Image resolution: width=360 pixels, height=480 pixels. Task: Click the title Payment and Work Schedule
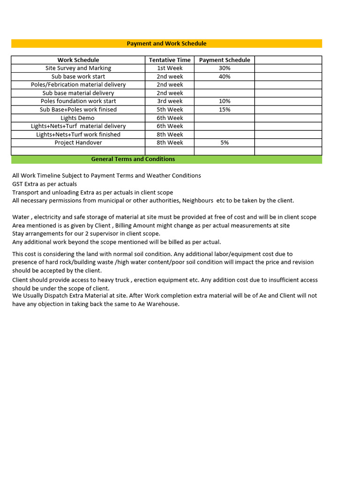(166, 44)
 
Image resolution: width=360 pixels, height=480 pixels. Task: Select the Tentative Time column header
(170, 60)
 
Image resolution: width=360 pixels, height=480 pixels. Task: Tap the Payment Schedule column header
(225, 60)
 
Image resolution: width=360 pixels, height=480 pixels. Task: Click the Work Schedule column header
(78, 60)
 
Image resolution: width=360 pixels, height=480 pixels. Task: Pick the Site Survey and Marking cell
(78, 68)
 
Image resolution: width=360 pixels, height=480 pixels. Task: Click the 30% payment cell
(225, 68)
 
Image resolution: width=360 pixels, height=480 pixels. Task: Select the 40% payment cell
(225, 76)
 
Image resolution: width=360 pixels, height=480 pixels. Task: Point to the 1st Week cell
(170, 68)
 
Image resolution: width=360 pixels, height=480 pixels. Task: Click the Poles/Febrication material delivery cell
(78, 85)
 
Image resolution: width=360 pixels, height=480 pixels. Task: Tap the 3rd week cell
(170, 101)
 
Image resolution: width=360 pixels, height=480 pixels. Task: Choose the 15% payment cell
(225, 110)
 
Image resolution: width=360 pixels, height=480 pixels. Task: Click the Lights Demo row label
(78, 118)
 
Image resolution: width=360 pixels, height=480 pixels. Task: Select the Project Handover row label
(78, 142)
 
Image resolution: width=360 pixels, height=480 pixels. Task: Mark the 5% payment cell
(225, 142)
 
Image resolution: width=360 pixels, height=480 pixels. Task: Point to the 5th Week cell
(170, 110)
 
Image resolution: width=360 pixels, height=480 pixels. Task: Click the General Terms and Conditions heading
(133, 159)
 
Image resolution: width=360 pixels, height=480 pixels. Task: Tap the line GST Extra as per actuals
(45, 184)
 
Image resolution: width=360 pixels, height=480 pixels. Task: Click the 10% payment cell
(225, 101)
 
